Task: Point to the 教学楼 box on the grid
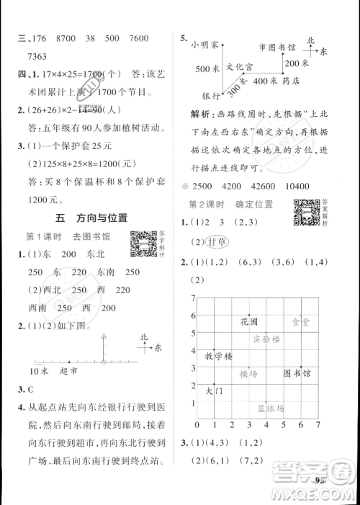[219, 357]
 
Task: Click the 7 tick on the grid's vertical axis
[194, 298]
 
